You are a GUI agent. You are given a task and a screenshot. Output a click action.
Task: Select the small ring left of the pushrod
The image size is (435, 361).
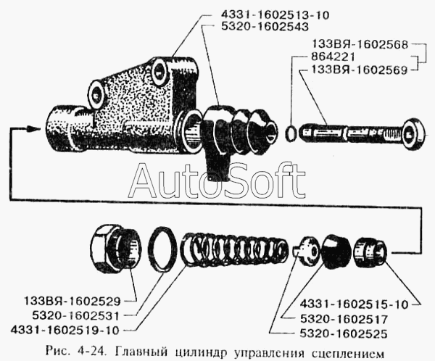291,133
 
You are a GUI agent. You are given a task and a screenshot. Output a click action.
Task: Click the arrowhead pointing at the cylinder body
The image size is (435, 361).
32,129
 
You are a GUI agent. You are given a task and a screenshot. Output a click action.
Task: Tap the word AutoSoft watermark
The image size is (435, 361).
217,180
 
